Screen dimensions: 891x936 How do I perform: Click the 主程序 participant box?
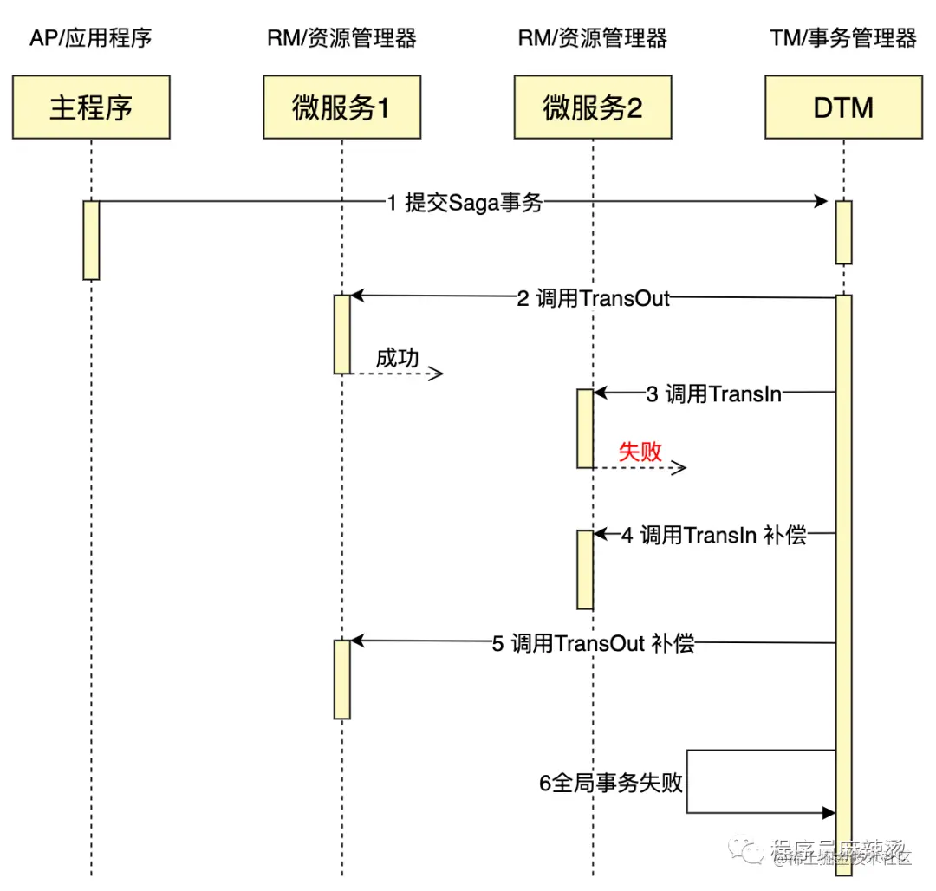coord(91,107)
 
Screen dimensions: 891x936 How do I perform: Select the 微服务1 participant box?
coord(342,107)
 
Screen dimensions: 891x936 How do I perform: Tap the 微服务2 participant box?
coord(593,107)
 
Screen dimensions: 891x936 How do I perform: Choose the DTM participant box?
coord(843,107)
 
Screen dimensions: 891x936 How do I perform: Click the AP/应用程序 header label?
coord(90,38)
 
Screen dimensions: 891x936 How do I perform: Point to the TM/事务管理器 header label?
coord(842,38)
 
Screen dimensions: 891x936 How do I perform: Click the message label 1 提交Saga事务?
coord(465,203)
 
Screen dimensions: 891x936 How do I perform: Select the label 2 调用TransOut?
coord(593,298)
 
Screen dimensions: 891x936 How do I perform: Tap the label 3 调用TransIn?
coord(714,393)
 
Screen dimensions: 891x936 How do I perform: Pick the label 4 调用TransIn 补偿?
coord(713,535)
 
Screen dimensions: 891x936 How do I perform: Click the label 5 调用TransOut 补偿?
coord(593,643)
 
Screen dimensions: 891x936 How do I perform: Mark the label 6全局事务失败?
coord(611,783)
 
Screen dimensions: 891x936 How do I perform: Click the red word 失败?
coord(640,451)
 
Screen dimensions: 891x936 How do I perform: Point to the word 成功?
coord(398,357)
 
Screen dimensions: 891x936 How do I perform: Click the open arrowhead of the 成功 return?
coord(438,374)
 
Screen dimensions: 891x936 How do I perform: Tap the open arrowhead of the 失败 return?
coord(681,468)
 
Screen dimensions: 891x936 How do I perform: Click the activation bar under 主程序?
coord(91,240)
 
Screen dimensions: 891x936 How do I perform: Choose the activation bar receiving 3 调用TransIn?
coord(586,428)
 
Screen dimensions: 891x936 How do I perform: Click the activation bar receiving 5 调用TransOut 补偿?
coord(342,679)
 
